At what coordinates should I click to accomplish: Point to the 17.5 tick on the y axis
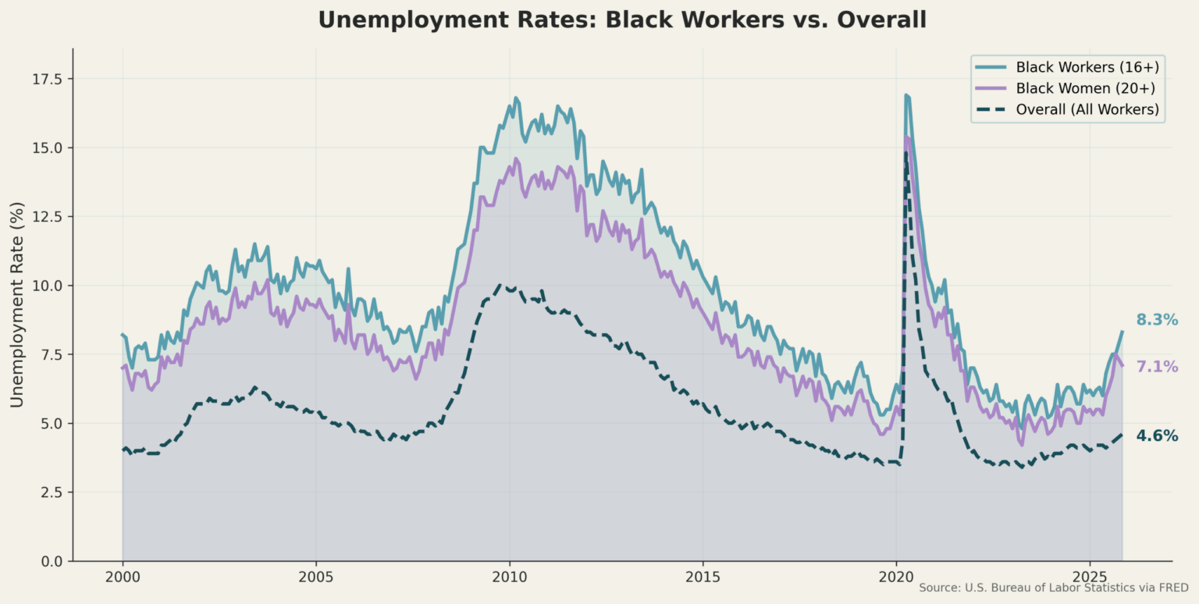(x=48, y=79)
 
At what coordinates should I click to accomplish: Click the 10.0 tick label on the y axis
(x=48, y=286)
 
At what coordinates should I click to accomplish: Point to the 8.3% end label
(x=1157, y=320)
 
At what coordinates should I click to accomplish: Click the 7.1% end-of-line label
(x=1157, y=367)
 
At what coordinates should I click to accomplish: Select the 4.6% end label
(x=1157, y=436)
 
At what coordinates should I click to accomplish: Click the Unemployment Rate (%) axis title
(x=16, y=304)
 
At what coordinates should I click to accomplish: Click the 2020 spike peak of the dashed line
(x=905, y=154)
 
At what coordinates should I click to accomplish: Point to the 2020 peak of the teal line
(x=905, y=95)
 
